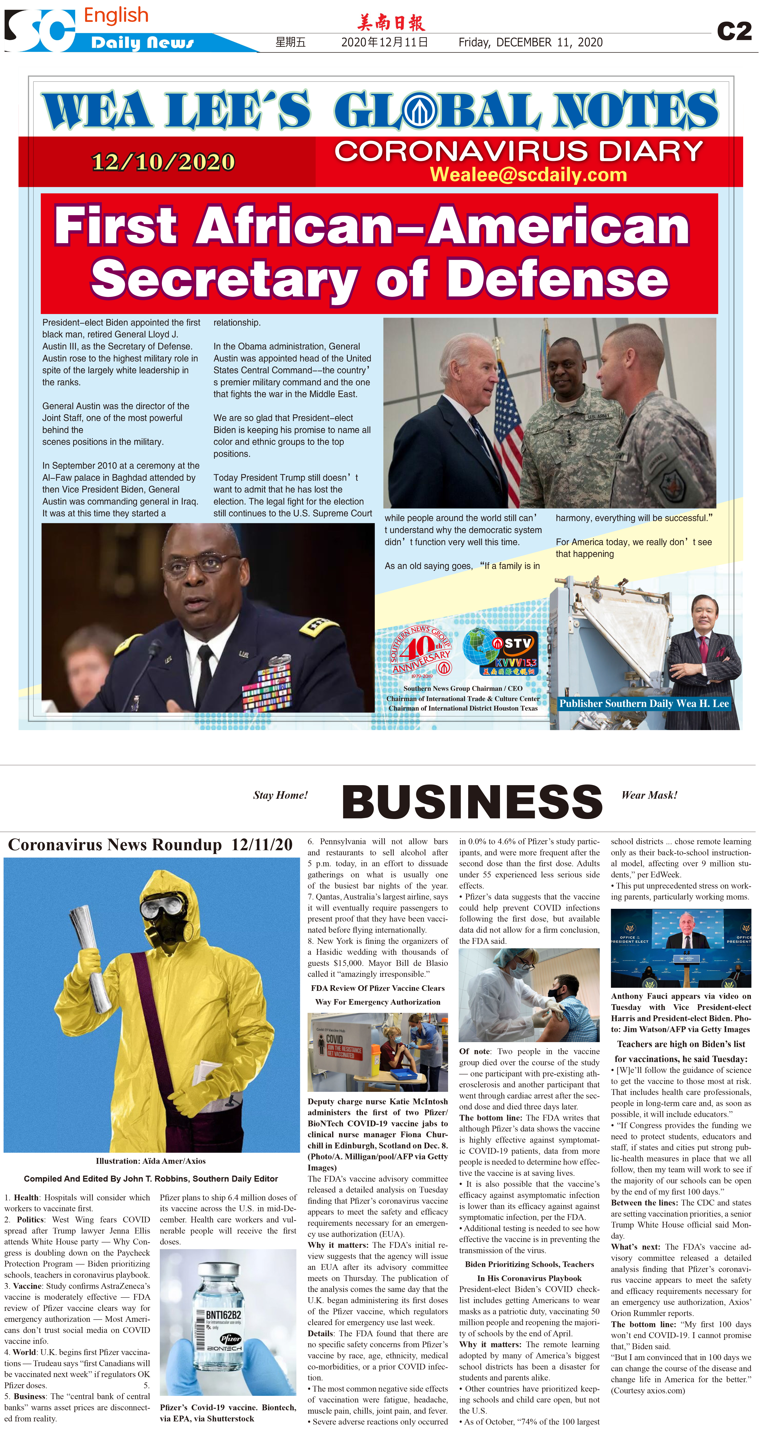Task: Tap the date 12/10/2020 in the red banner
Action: pyautogui.click(x=163, y=162)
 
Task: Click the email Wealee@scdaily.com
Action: pyautogui.click(x=528, y=175)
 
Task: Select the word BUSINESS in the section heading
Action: pyautogui.click(x=472, y=802)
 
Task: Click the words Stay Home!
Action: pyautogui.click(x=280, y=795)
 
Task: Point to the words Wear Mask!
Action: pyautogui.click(x=649, y=795)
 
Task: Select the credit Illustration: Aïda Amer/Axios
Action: pyautogui.click(x=150, y=1161)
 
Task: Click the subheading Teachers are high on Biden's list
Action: pyautogui.click(x=681, y=1044)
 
